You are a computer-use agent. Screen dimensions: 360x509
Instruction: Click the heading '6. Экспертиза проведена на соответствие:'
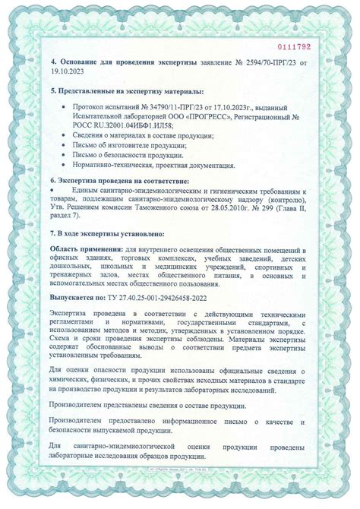pos(119,182)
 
